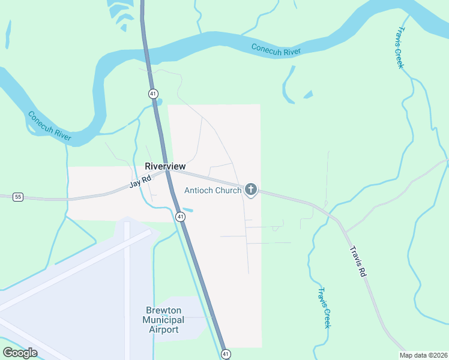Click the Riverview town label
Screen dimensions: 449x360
pos(165,166)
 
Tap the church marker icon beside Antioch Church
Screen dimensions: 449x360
pos(251,190)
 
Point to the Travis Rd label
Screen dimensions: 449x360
pos(358,262)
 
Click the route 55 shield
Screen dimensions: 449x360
pos(19,197)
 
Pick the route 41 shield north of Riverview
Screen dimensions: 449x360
pos(154,94)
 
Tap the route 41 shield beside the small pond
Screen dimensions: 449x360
pos(179,216)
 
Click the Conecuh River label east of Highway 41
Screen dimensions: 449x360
pos(276,50)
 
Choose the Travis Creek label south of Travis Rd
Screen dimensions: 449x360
pos(324,308)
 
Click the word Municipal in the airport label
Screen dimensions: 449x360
pos(163,320)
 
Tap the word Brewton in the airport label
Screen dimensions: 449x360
pos(163,310)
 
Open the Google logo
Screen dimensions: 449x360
pos(20,353)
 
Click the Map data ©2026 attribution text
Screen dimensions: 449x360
pos(423,355)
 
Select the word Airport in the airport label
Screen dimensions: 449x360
pos(163,329)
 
